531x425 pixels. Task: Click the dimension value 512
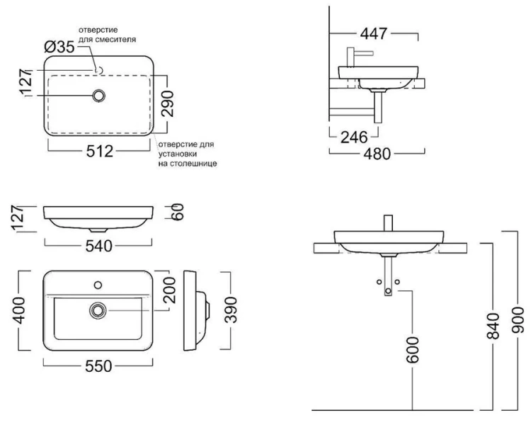click(x=101, y=152)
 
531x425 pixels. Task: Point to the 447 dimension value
click(x=375, y=33)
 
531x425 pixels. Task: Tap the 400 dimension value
click(x=19, y=310)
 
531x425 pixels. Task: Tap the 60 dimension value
click(x=177, y=212)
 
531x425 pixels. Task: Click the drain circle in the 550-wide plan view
click(x=98, y=310)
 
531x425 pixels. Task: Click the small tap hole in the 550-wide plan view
click(x=98, y=287)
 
